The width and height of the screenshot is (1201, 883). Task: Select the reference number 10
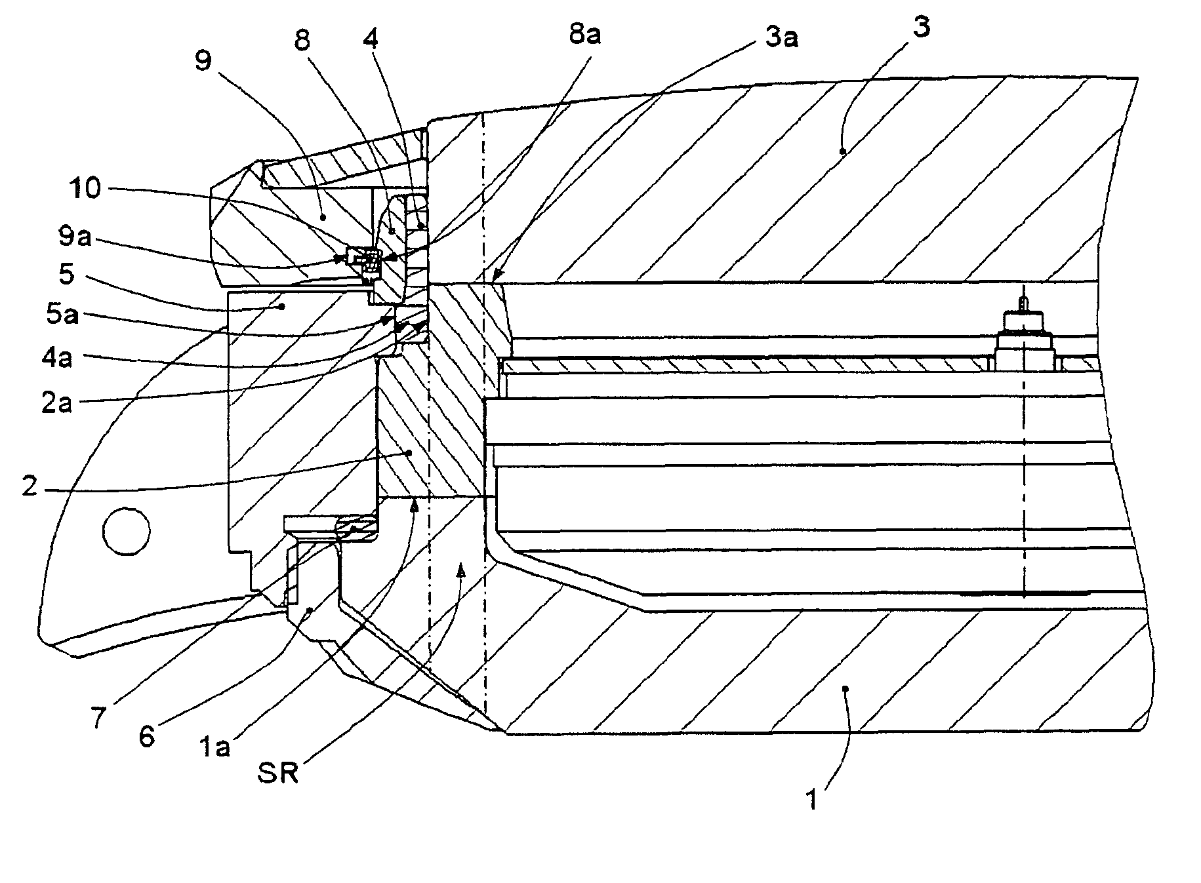pyautogui.click(x=84, y=189)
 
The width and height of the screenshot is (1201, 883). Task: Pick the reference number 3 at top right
pyautogui.click(x=921, y=28)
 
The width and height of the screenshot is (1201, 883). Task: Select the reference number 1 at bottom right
pyautogui.click(x=812, y=800)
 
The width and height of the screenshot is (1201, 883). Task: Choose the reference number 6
pyautogui.click(x=146, y=736)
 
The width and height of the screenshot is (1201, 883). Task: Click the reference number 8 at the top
pyautogui.click(x=302, y=41)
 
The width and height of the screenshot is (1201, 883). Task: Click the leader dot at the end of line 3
pyautogui.click(x=844, y=151)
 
